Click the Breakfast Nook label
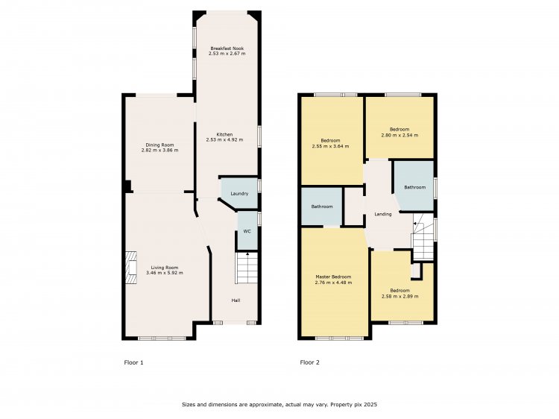coord(227,48)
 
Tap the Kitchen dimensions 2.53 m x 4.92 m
coord(224,139)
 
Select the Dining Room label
coord(160,145)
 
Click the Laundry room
coord(239,193)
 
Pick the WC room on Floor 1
coord(247,230)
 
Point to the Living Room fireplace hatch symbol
coord(131,268)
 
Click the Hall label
coord(236,300)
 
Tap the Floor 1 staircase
coord(247,268)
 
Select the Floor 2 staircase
coord(423,237)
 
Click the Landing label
coord(383,214)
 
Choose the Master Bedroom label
coord(333,277)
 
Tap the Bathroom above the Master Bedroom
coord(321,207)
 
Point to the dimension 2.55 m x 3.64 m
coord(330,146)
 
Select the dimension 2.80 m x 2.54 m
coord(399,135)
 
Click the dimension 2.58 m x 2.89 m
coord(400,296)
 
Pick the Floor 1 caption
coord(133,362)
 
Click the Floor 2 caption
coord(310,362)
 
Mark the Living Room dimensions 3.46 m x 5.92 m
coord(165,273)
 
